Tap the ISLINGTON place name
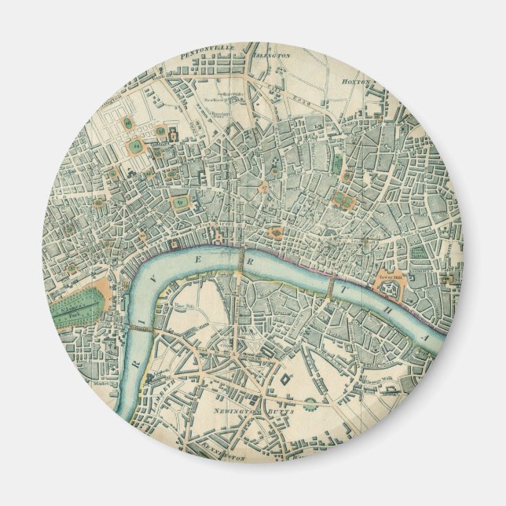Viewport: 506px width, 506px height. (271, 56)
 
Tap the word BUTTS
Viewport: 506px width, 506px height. (280, 411)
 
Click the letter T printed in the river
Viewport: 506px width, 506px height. (348, 289)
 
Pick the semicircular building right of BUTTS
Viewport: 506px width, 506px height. (313, 406)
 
